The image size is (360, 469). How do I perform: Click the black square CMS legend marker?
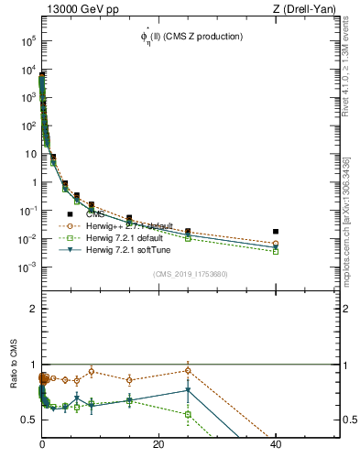click(70, 213)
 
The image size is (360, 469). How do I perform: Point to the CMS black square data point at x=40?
click(276, 232)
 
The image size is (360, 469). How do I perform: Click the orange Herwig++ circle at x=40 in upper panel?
click(276, 244)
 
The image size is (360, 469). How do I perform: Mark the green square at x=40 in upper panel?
click(276, 251)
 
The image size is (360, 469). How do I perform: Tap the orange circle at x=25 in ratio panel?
click(188, 371)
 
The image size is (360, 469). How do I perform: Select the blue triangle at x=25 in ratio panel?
click(188, 390)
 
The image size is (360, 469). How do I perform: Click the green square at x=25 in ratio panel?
click(188, 414)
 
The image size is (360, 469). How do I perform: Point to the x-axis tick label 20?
click(158, 444)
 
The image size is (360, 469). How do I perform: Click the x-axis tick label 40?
click(276, 444)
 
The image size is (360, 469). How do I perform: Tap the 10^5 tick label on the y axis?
click(27, 41)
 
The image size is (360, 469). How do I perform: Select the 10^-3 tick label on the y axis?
click(27, 267)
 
